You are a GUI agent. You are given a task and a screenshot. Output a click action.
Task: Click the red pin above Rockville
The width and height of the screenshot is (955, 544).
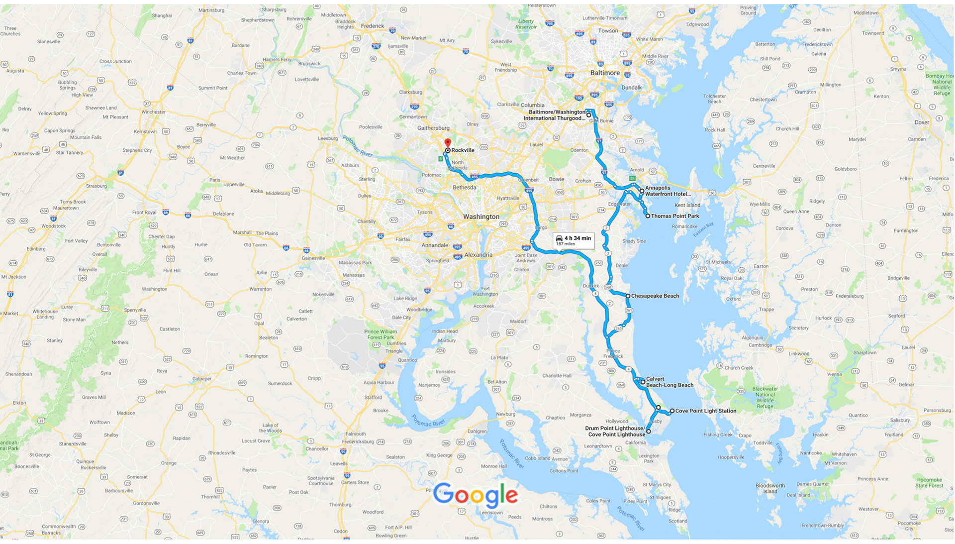click(x=448, y=142)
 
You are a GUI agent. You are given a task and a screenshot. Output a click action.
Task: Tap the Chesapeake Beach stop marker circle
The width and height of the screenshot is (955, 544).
click(x=628, y=296)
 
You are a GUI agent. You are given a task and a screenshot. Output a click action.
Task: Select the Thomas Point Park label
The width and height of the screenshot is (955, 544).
click(x=674, y=216)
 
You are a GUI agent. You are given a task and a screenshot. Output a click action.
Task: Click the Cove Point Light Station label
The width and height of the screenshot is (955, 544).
click(x=705, y=411)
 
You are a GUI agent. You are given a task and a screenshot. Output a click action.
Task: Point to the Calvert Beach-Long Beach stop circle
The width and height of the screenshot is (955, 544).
click(x=643, y=382)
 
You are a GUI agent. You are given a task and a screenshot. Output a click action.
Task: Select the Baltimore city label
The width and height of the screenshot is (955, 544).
click(x=605, y=73)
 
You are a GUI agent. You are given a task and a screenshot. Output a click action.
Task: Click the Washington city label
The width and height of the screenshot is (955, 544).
click(x=481, y=217)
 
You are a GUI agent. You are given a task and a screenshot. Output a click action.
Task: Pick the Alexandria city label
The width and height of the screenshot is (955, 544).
click(x=478, y=255)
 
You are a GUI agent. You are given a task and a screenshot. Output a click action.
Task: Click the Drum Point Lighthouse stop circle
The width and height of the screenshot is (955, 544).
click(x=648, y=432)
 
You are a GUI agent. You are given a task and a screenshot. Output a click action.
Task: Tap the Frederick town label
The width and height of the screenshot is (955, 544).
click(x=373, y=26)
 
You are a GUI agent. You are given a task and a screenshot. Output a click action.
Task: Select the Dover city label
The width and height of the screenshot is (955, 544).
click(x=922, y=122)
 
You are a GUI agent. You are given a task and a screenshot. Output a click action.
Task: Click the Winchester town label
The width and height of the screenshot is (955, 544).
click(x=153, y=112)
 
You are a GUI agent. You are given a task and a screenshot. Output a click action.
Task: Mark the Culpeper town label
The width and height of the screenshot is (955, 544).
click(x=202, y=379)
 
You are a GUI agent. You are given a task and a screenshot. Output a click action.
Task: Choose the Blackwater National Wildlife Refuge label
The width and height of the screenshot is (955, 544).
click(x=764, y=397)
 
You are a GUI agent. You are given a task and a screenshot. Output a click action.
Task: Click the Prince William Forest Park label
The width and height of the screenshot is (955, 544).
click(x=381, y=334)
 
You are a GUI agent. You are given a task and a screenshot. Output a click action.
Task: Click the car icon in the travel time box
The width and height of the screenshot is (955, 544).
click(x=559, y=239)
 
